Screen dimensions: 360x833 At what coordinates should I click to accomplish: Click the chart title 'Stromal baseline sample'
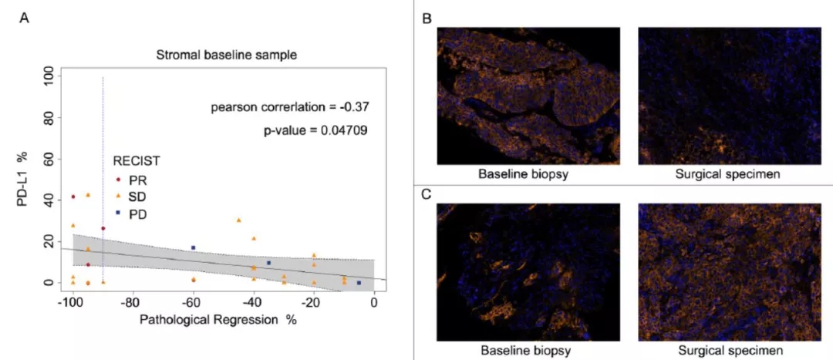click(226, 55)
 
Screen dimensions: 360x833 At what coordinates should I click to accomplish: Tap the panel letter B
click(427, 18)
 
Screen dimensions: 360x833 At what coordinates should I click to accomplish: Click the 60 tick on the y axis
click(48, 159)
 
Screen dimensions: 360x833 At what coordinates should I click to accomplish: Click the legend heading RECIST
click(137, 161)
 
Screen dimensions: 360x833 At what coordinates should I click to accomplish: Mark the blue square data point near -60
click(193, 248)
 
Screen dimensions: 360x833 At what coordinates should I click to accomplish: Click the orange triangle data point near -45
click(238, 220)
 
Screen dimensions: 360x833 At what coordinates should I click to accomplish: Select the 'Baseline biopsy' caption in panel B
click(523, 174)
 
